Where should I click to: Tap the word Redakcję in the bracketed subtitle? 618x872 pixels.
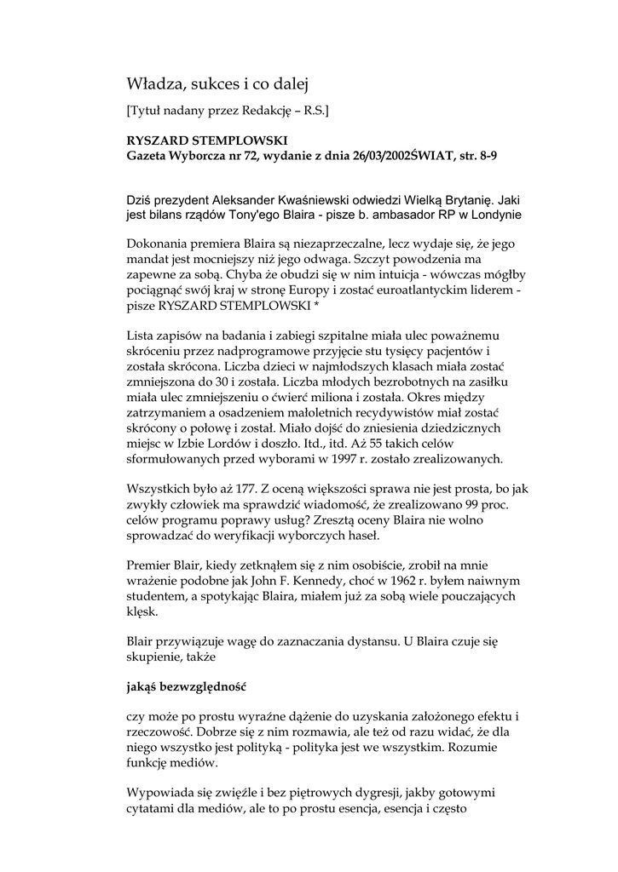[x=274, y=110]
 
